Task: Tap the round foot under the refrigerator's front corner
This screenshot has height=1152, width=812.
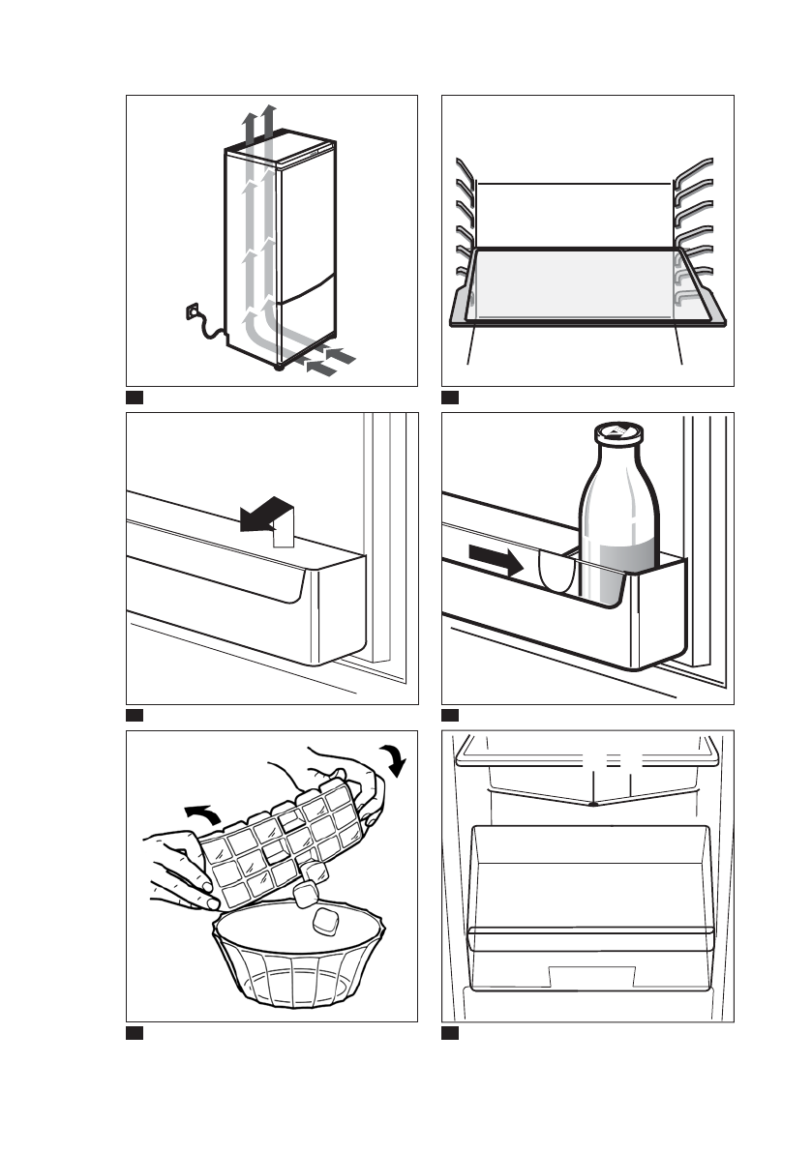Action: [x=280, y=369]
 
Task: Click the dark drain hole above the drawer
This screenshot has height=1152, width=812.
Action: [x=590, y=803]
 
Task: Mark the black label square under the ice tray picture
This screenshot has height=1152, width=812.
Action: [x=135, y=1033]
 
